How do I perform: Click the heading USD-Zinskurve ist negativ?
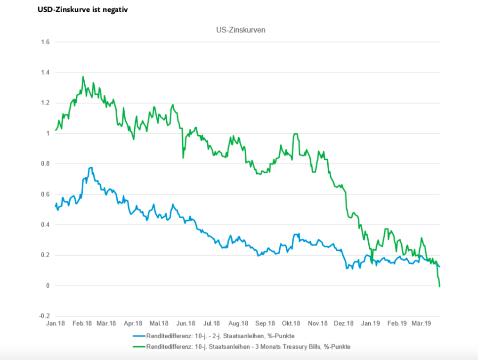coord(82,9)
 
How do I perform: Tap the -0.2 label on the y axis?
coord(44,316)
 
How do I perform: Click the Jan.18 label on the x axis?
coord(56,324)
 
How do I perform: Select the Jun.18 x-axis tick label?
coord(186,324)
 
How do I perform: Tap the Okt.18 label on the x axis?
coord(291,324)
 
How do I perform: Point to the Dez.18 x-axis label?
coord(344,324)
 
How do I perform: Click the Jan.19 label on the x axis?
coord(371,324)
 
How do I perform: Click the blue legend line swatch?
coord(139,336)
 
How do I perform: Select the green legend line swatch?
coord(139,346)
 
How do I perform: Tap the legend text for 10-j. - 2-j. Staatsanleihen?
coord(223,336)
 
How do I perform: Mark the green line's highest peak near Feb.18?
coord(83,77)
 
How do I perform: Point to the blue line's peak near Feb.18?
coord(91,167)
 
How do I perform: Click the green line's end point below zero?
coord(439,286)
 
